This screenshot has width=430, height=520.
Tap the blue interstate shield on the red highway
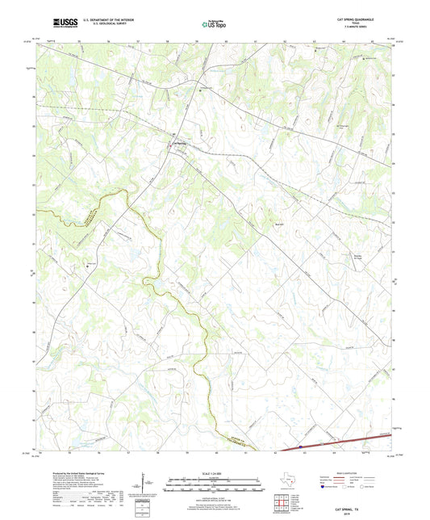click(x=300, y=445)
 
